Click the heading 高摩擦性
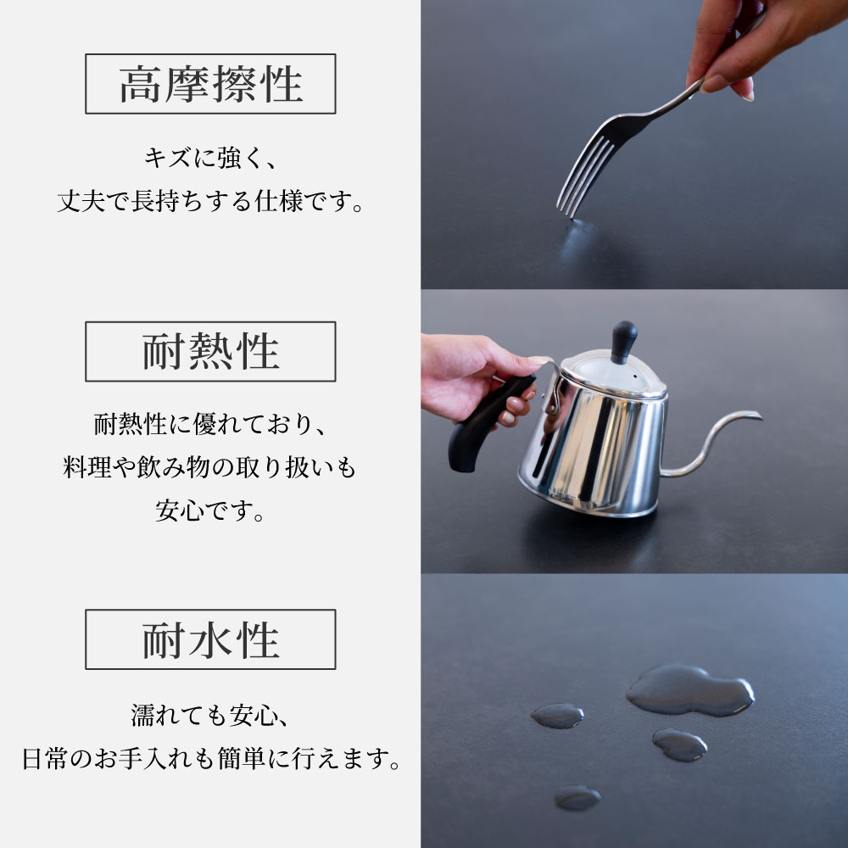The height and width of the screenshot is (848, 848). tap(210, 84)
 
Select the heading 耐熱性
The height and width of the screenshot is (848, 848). tap(210, 352)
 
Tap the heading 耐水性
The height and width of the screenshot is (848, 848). tap(210, 639)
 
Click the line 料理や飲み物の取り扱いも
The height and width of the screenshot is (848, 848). tap(209, 467)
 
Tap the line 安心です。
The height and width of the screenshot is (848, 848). tap(209, 510)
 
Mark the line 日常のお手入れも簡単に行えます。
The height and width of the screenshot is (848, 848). tap(211, 758)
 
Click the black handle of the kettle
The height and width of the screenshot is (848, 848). tap(488, 421)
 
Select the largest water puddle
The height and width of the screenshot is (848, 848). tap(690, 689)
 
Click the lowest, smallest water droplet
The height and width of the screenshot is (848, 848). tap(577, 797)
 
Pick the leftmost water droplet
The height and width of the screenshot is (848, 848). tap(557, 716)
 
